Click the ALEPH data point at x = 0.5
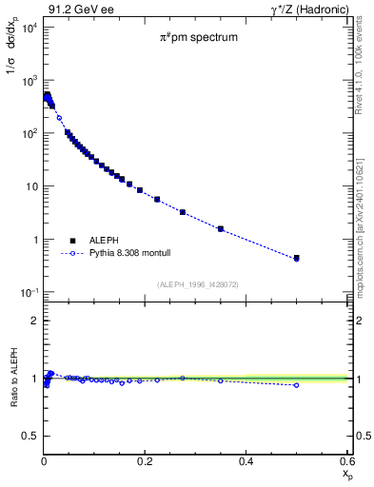click(x=296, y=258)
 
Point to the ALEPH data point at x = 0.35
click(x=221, y=228)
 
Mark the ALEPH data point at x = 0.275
click(x=183, y=212)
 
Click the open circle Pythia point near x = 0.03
click(x=59, y=118)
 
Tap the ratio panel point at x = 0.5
click(x=296, y=385)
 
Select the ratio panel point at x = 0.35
click(x=221, y=381)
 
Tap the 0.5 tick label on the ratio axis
click(x=31, y=437)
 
